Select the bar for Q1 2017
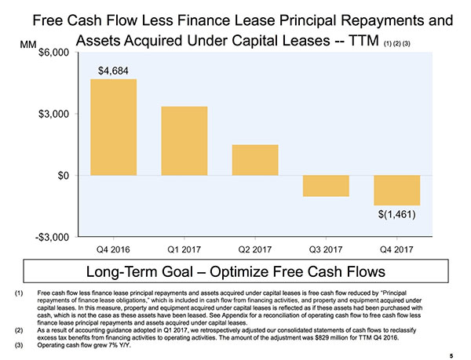pos(184,140)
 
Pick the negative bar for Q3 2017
pos(326,185)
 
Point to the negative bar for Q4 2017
pos(396,190)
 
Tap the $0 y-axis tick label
pos(60,175)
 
